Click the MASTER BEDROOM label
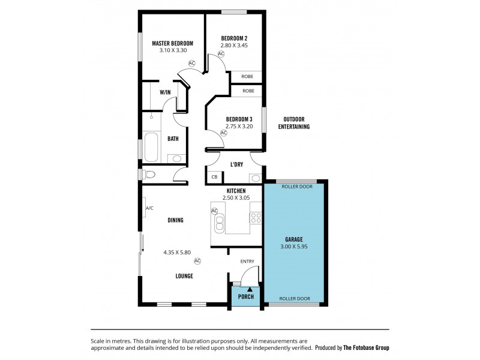click(x=172, y=43)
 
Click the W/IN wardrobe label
click(x=165, y=92)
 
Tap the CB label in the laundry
click(x=214, y=177)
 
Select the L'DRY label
click(x=236, y=164)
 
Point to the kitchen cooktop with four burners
click(x=256, y=218)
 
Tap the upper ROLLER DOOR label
click(x=296, y=186)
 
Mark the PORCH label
click(x=246, y=297)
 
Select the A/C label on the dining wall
click(x=150, y=208)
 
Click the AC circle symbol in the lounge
click(x=197, y=260)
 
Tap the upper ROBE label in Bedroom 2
click(x=247, y=76)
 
